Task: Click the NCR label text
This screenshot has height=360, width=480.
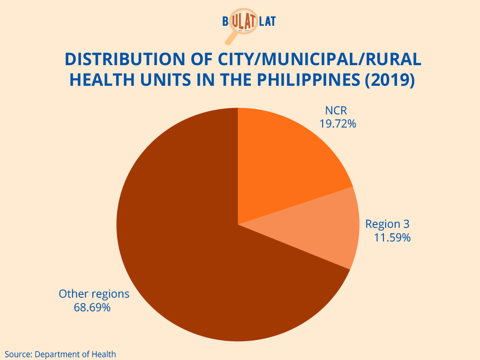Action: (x=336, y=111)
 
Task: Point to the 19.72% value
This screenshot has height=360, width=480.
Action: (x=337, y=124)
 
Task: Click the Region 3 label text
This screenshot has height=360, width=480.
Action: (x=387, y=224)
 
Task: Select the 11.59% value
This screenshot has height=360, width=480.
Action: (x=392, y=238)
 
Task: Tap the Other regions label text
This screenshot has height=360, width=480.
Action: (x=94, y=294)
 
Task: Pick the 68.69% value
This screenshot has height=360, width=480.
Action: (x=92, y=307)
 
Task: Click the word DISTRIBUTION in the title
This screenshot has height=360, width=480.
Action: (x=125, y=59)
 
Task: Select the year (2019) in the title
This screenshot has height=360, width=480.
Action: (x=390, y=80)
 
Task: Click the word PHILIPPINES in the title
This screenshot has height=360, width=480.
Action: (x=308, y=80)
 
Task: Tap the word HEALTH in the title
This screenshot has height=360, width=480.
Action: (x=102, y=80)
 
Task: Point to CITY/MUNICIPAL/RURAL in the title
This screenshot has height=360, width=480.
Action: (x=320, y=59)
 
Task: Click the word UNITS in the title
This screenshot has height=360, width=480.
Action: (x=165, y=80)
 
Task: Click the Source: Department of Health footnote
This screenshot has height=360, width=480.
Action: (x=60, y=354)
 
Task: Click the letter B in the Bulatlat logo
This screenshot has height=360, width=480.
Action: (x=225, y=22)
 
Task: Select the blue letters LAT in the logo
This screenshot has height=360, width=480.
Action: (x=267, y=22)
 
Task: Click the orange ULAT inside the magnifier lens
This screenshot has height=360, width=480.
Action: (x=244, y=21)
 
